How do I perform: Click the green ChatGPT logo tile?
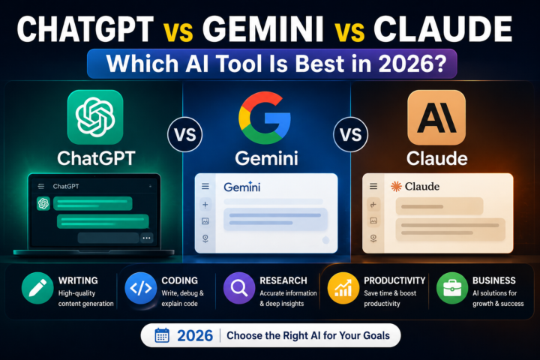[95, 117]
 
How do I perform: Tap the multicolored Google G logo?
[265, 118]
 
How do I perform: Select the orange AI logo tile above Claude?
[436, 118]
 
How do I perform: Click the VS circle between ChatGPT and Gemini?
[185, 134]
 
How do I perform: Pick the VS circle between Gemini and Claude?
[350, 134]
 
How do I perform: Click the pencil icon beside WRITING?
[37, 288]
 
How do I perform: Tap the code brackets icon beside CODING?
[141, 288]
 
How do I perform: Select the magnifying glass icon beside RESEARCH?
[239, 288]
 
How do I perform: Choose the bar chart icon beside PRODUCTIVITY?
[343, 288]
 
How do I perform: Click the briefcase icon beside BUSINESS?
[452, 288]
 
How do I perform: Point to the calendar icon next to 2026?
[162, 335]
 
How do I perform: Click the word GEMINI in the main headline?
[263, 29]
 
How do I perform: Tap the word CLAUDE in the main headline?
[443, 29]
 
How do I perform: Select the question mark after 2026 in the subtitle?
[440, 64]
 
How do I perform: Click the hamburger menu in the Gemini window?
[205, 186]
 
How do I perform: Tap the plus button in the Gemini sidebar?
[205, 205]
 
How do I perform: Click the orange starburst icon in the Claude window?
[396, 186]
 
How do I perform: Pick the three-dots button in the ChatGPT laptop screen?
[147, 238]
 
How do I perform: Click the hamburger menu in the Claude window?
[373, 186]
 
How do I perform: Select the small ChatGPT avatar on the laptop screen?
[43, 203]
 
